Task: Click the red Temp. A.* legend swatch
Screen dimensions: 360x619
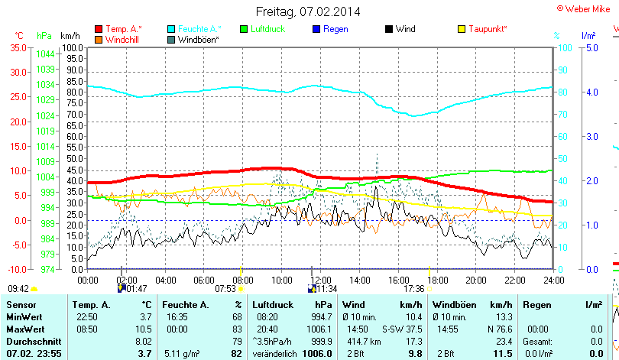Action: [98, 29]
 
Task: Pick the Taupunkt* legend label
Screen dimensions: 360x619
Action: [488, 29]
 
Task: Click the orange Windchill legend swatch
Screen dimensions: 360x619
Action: [98, 39]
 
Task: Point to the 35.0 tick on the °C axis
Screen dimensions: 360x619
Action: [17, 47]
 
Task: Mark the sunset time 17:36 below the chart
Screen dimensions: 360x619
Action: [413, 289]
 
